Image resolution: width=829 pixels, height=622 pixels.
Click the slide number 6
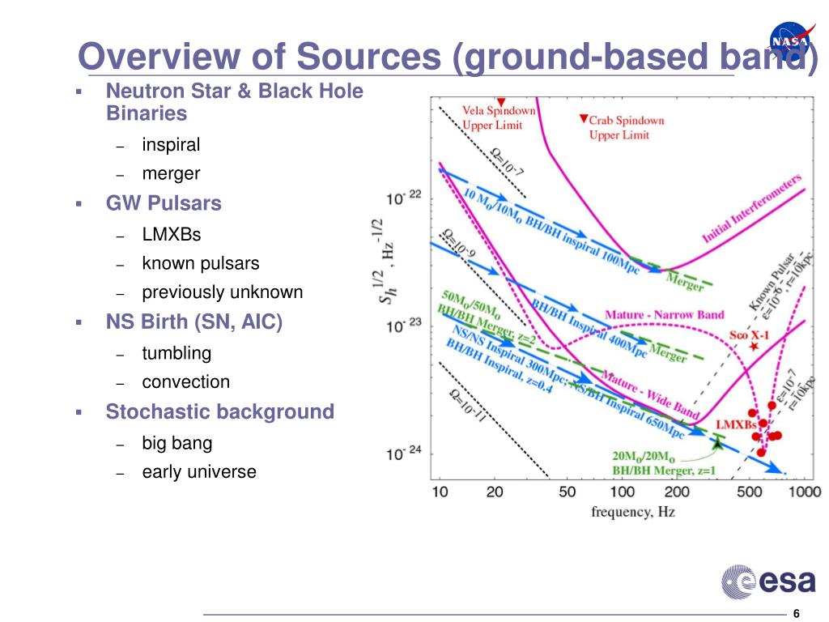pyautogui.click(x=797, y=612)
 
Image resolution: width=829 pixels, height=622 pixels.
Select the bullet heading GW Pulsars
pyautogui.click(x=164, y=203)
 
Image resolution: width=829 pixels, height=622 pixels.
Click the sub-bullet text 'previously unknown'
pyautogui.click(x=222, y=292)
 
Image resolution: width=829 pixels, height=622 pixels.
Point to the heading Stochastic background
pyautogui.click(x=219, y=411)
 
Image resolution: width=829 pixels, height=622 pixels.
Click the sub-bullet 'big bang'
pyautogui.click(x=176, y=443)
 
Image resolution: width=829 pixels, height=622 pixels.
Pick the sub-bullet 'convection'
pyautogui.click(x=185, y=381)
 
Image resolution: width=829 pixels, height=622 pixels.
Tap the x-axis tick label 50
pyautogui.click(x=568, y=492)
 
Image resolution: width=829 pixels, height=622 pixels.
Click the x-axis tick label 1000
pyautogui.click(x=805, y=492)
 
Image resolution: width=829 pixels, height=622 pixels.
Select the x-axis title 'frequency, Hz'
pyautogui.click(x=632, y=512)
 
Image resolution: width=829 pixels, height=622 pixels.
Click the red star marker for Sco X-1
pyautogui.click(x=755, y=347)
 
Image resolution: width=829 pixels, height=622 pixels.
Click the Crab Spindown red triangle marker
pyautogui.click(x=583, y=120)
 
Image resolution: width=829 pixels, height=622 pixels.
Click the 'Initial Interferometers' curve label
pyautogui.click(x=751, y=208)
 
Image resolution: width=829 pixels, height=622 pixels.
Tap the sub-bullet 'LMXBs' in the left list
pyautogui.click(x=172, y=235)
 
